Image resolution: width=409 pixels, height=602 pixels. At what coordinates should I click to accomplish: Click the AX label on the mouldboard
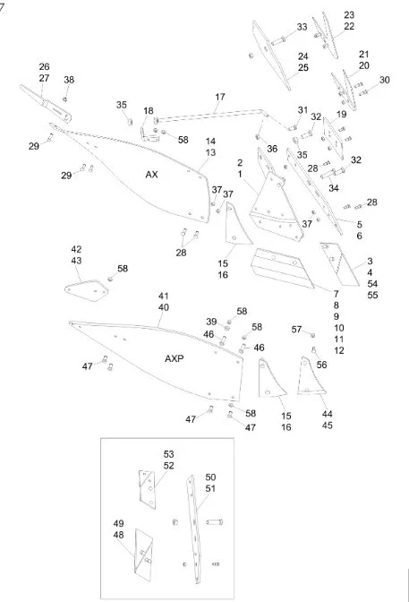point(151,175)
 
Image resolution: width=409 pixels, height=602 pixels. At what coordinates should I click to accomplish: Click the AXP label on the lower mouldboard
point(175,358)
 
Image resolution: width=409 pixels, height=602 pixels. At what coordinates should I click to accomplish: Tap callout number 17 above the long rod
point(220,97)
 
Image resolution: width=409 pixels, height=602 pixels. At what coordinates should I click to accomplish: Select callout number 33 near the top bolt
point(302,27)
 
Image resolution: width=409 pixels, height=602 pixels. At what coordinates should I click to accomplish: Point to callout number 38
point(69,80)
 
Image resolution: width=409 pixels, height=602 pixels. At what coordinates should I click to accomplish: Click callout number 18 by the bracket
point(148,111)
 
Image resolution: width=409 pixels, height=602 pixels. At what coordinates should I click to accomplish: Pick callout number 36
point(272,149)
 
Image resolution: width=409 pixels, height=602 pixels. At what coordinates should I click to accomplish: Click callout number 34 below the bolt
point(334,188)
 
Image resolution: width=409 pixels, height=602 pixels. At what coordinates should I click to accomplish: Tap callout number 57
point(296,330)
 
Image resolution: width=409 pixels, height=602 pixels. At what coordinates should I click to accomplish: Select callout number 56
point(321,365)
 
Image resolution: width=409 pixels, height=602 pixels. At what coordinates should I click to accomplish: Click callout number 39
point(211,322)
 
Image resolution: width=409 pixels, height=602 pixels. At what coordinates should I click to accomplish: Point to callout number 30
point(385,80)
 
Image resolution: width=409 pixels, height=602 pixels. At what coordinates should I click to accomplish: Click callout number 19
point(341,114)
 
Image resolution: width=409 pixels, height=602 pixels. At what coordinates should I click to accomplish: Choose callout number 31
point(302,110)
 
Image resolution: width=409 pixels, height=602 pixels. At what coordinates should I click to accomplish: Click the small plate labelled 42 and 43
point(86,290)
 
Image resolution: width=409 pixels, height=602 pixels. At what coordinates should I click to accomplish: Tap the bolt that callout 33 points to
point(278,40)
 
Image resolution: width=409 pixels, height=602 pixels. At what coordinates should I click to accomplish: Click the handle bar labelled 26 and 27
point(46,102)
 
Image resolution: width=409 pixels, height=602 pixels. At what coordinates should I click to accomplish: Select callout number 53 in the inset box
point(169,454)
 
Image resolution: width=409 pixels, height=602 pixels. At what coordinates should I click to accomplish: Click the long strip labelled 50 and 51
point(194,529)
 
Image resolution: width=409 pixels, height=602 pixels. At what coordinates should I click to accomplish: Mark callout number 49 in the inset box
point(118,524)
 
